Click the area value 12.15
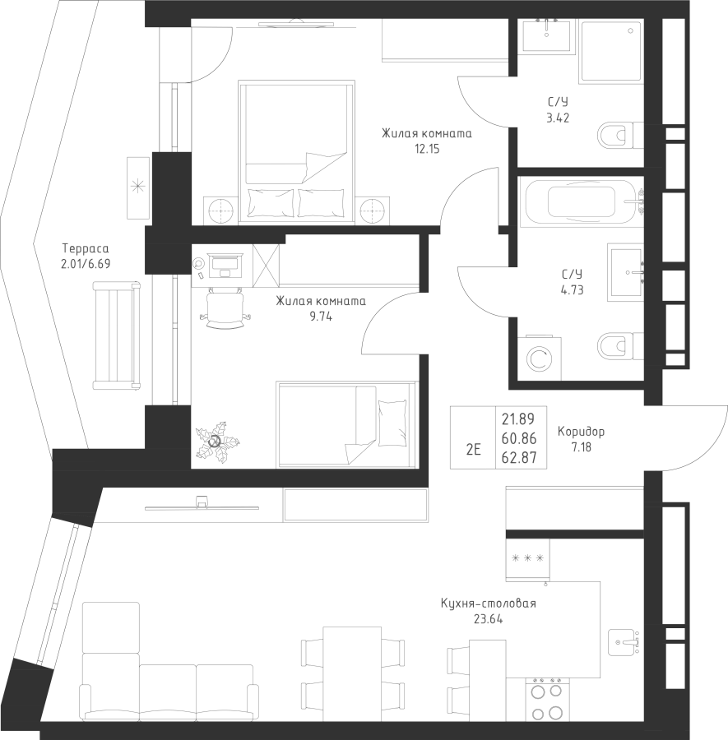427,149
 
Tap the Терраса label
86,248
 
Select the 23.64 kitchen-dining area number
488,618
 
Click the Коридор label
581,432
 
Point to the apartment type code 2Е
473,450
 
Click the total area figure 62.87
519,457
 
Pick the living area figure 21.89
518,419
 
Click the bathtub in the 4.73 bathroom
582,202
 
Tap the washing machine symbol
540,358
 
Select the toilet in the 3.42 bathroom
620,136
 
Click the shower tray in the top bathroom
611,50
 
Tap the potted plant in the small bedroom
217,442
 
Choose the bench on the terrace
117,335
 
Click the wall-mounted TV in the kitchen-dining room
202,506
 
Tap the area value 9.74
321,317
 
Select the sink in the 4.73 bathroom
625,272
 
